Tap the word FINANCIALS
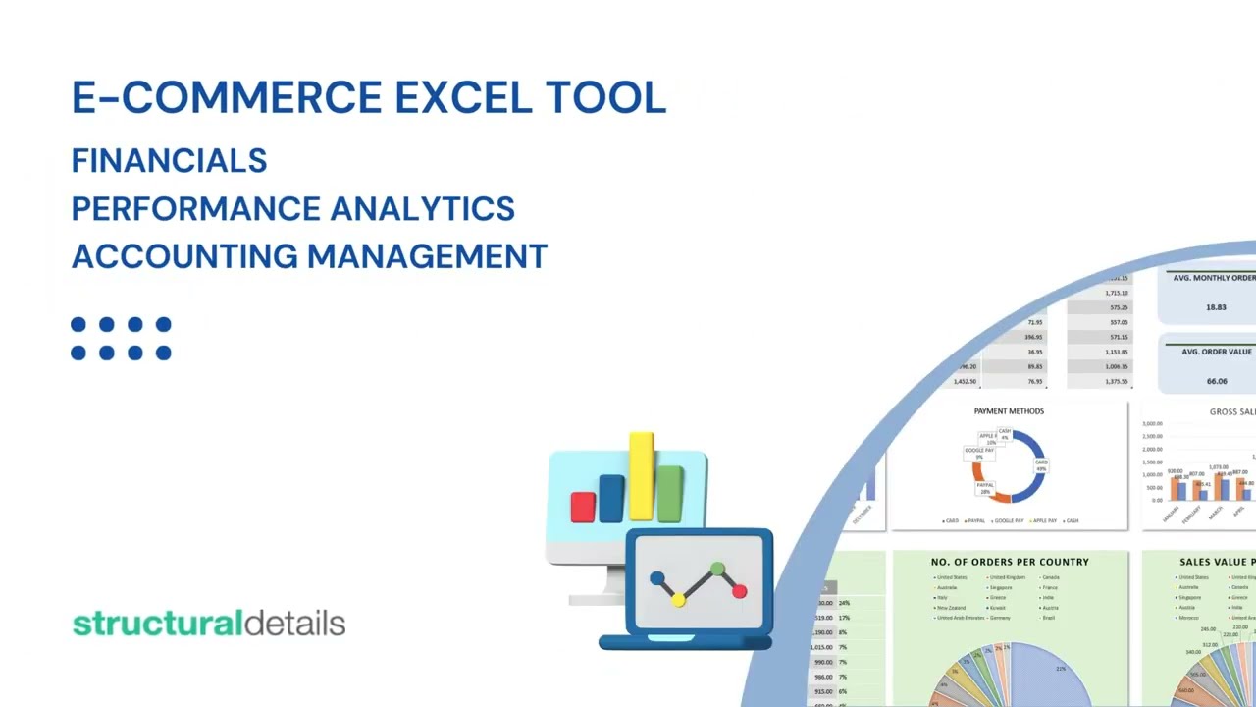coord(169,161)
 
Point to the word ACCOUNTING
coord(184,256)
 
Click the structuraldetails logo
coord(209,624)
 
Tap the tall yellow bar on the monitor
coord(642,475)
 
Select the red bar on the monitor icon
coord(583,507)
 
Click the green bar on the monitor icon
coord(670,494)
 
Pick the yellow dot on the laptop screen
coord(678,600)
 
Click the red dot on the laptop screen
coord(739,591)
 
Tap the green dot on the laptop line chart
coord(717,569)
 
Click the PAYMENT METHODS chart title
coord(1009,411)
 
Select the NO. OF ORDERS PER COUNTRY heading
coord(1010,562)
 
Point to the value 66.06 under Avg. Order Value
coord(1217,381)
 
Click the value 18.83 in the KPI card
coord(1216,307)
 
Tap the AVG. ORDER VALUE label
coord(1217,352)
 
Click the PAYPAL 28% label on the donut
coord(985,488)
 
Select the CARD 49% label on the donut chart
coord(1041,465)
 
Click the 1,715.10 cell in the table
coord(1117,293)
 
